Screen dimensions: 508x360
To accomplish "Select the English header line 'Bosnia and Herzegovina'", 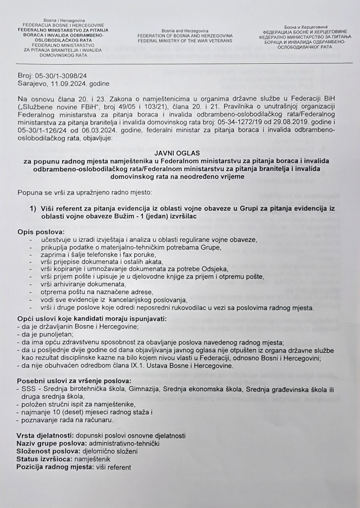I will pos(184,30).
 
